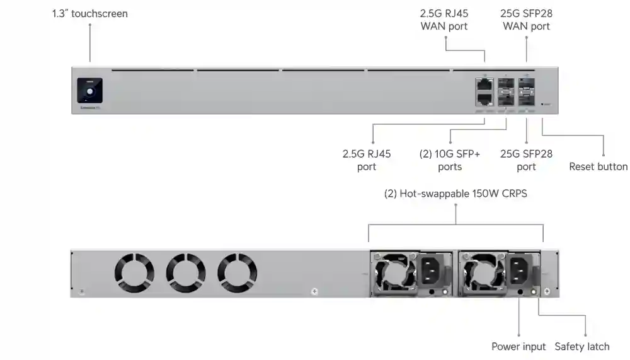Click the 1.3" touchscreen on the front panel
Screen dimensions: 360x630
tap(90, 91)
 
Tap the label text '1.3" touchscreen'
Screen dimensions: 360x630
tap(89, 13)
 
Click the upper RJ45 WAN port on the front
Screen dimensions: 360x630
tap(484, 84)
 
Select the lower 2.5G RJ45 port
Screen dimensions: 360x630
tap(484, 98)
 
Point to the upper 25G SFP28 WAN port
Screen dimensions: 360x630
tap(526, 84)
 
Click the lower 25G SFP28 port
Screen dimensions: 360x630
tap(526, 98)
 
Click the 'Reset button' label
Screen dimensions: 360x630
tap(598, 166)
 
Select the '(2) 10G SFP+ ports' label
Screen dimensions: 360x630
tap(450, 160)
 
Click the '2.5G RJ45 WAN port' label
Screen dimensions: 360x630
tap(444, 20)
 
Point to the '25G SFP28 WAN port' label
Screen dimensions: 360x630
tap(526, 20)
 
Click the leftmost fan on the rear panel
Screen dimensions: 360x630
tap(134, 272)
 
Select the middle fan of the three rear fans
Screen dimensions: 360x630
tap(186, 272)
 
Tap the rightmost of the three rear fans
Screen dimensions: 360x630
tap(237, 272)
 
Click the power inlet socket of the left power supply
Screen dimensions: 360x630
tap(433, 270)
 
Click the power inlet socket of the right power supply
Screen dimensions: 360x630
tap(522, 270)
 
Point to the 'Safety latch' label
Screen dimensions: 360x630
tap(581, 346)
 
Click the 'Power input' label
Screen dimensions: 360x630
tap(518, 346)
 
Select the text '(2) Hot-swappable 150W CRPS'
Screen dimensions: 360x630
tap(455, 194)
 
